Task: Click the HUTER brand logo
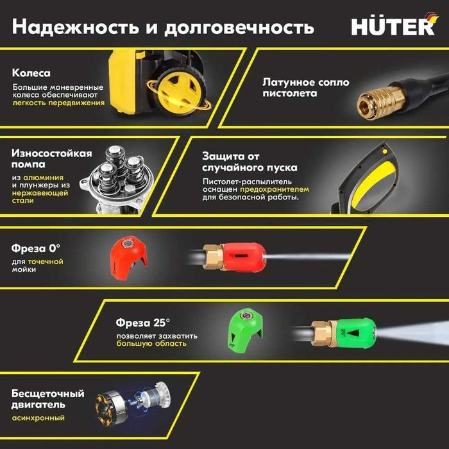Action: [392, 26]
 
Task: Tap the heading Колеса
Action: [31, 73]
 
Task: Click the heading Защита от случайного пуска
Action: [250, 162]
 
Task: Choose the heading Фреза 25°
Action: [143, 322]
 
